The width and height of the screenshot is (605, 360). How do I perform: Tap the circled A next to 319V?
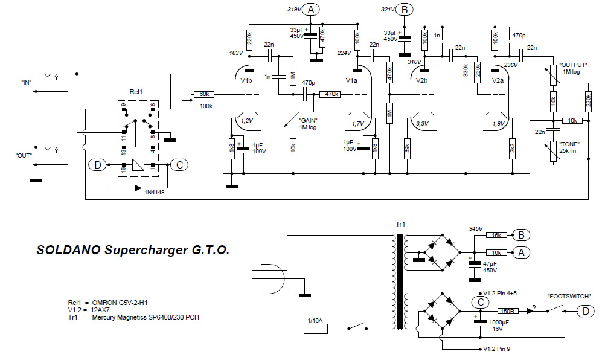[311, 9]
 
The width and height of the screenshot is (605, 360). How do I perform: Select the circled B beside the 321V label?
[405, 9]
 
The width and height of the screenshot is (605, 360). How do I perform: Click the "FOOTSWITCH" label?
[569, 297]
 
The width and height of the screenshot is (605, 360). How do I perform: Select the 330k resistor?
[466, 71]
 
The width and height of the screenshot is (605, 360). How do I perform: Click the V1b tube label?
[246, 80]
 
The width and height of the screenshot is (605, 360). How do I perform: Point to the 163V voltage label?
[235, 53]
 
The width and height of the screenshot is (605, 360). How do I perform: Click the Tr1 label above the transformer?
[400, 225]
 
